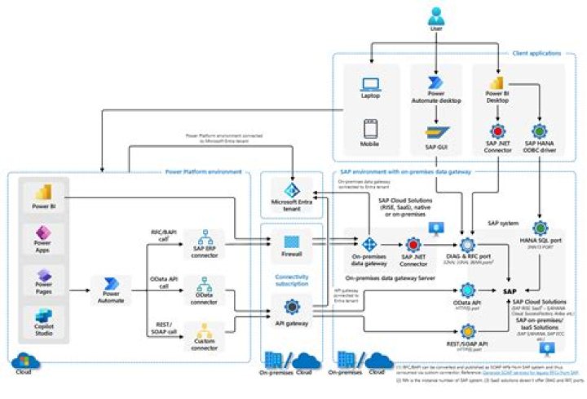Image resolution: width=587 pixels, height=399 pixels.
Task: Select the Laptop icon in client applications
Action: (x=371, y=83)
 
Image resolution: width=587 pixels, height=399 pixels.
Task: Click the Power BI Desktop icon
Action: (x=497, y=82)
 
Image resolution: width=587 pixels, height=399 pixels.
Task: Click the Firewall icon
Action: (x=292, y=242)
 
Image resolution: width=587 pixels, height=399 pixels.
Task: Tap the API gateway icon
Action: (x=292, y=307)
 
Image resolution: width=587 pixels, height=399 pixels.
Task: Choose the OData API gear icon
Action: (x=468, y=290)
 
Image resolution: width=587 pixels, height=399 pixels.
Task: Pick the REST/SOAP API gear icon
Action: (x=468, y=332)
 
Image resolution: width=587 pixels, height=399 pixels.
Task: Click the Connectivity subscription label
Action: (x=291, y=280)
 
